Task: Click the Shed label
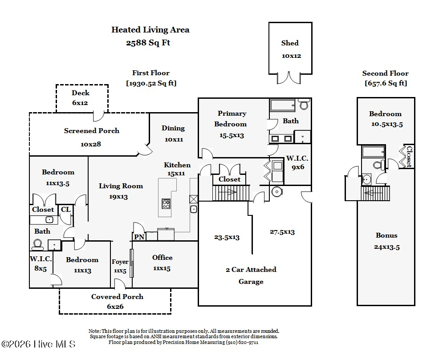pyautogui.click(x=290, y=43)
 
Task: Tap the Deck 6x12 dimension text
pyautogui.click(x=80, y=103)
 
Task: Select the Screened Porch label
pyautogui.click(x=92, y=131)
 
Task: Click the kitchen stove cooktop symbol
pyautogui.click(x=166, y=203)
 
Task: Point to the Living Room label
pyautogui.click(x=121, y=186)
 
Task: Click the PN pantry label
pyautogui.click(x=139, y=237)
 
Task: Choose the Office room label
pyautogui.click(x=162, y=258)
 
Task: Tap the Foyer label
pyautogui.click(x=120, y=262)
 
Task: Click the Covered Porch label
pyautogui.click(x=117, y=297)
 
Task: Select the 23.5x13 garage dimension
pyautogui.click(x=227, y=237)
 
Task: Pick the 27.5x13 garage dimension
pyautogui.click(x=282, y=232)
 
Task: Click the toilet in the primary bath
pyautogui.click(x=304, y=104)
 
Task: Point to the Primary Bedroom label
pyautogui.click(x=231, y=119)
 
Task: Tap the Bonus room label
pyautogui.click(x=386, y=235)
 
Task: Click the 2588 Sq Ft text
pyautogui.click(x=148, y=43)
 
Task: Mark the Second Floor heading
pyautogui.click(x=386, y=73)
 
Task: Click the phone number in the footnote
pyautogui.click(x=242, y=343)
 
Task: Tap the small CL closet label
pyautogui.click(x=66, y=210)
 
